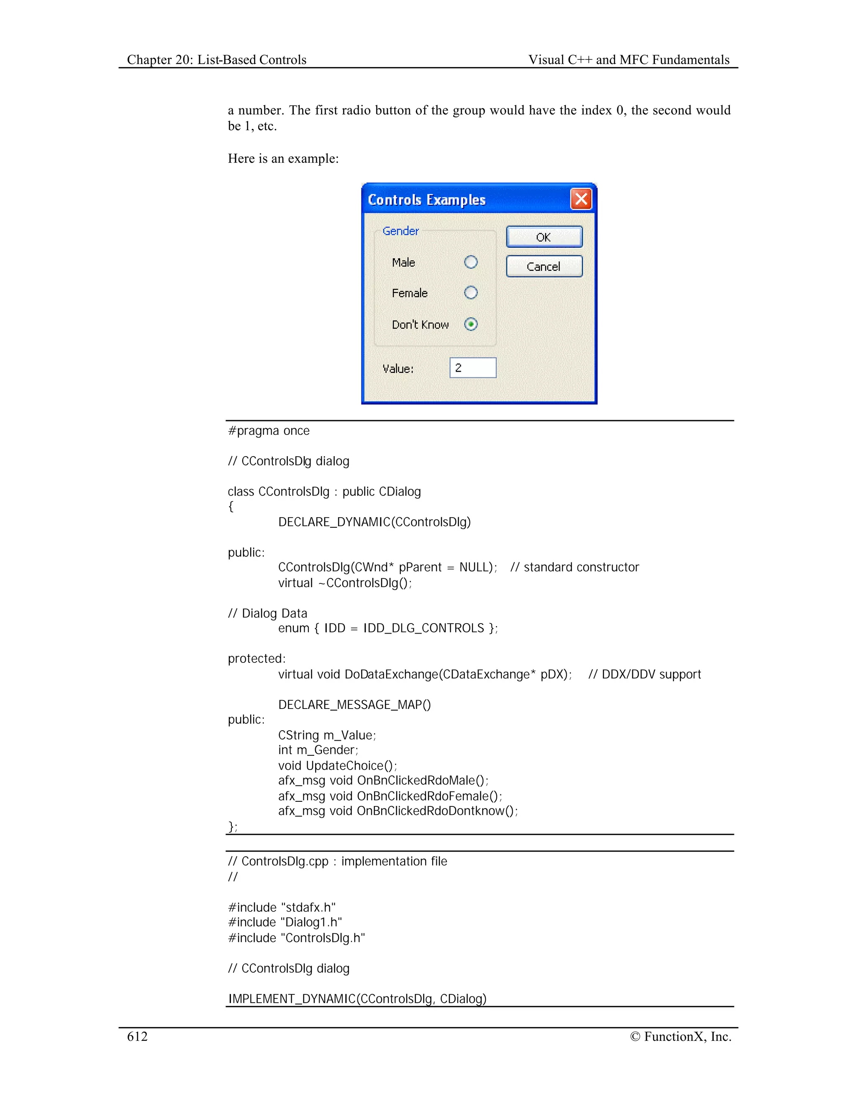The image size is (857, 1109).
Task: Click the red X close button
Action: pyautogui.click(x=581, y=199)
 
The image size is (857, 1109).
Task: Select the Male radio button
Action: pyautogui.click(x=471, y=262)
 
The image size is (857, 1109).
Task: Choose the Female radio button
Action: pyautogui.click(x=471, y=293)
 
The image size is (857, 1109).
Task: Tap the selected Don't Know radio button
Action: pyautogui.click(x=471, y=324)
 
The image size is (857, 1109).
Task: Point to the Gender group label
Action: pyautogui.click(x=400, y=231)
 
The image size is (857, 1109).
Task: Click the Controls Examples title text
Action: pyautogui.click(x=426, y=200)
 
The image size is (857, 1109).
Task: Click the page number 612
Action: pyautogui.click(x=137, y=1036)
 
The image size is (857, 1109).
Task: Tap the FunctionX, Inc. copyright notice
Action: pyautogui.click(x=680, y=1036)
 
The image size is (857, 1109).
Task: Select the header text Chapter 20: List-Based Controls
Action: pyautogui.click(x=217, y=60)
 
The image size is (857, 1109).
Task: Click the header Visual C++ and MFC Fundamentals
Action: pyautogui.click(x=629, y=60)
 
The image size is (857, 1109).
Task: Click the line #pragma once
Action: pyautogui.click(x=269, y=431)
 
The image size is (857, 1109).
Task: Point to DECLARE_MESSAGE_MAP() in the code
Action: pyautogui.click(x=354, y=705)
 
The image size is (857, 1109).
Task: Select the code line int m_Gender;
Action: pyautogui.click(x=318, y=750)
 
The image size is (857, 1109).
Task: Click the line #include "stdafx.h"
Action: pyautogui.click(x=282, y=907)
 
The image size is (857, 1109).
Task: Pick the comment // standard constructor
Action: pyautogui.click(x=574, y=567)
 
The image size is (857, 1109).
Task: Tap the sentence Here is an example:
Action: pyautogui.click(x=283, y=159)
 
